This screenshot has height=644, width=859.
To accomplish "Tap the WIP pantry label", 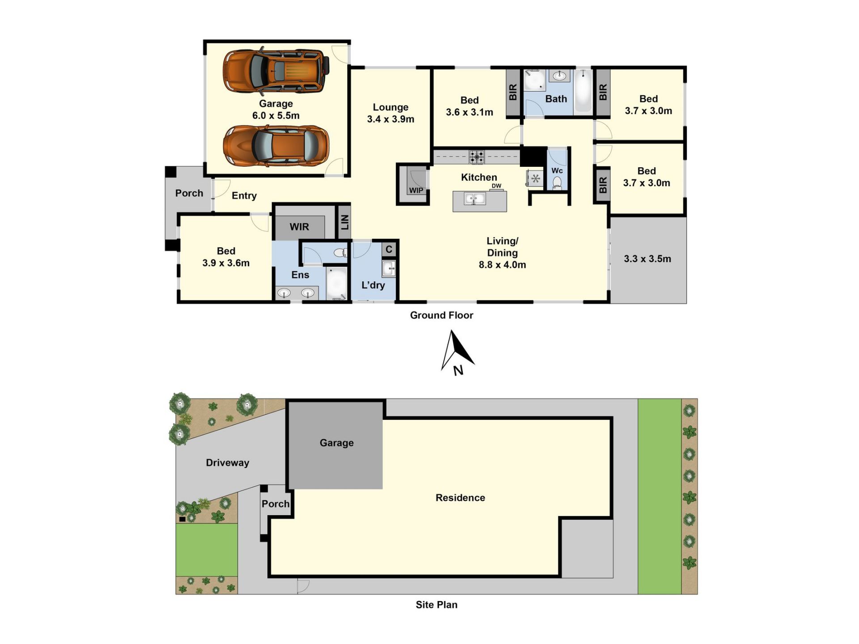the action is point(416,191).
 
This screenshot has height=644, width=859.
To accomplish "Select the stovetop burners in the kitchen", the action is point(476,157).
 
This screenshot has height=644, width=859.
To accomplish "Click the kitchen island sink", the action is point(475,199).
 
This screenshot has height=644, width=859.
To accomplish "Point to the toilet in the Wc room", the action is point(557,182).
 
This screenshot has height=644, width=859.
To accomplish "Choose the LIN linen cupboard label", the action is point(344,222).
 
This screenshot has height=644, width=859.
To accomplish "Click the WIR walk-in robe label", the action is point(299,227).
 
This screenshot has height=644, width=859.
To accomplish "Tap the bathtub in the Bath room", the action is point(583,92).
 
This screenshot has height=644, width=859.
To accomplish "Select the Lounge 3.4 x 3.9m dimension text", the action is point(391,119).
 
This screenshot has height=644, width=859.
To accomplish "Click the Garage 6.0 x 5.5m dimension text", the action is point(276,115).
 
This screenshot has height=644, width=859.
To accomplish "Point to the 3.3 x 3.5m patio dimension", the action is point(647,258).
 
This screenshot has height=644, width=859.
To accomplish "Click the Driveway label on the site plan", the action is point(227,463).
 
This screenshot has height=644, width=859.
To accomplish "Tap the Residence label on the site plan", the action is point(460,498).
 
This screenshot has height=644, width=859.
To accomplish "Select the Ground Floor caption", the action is point(442,315).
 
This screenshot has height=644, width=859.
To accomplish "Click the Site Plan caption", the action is point(437,605).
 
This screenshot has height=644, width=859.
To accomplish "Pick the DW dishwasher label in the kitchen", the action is point(497,186).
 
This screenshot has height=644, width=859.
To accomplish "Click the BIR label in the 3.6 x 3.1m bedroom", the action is point(513,92).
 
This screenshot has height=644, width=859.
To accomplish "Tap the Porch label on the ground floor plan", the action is point(189,193).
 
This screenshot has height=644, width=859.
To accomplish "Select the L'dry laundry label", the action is point(373,285).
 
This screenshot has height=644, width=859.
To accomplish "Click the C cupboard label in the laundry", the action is point(389,249).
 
